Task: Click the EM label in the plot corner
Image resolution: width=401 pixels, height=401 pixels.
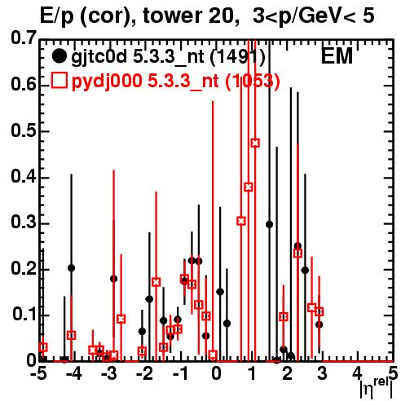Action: coord(337,56)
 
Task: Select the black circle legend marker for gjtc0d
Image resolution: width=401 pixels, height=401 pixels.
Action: coord(59,56)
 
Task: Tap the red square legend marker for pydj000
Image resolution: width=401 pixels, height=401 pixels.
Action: coord(59,81)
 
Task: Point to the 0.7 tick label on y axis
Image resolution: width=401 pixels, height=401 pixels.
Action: coord(23,38)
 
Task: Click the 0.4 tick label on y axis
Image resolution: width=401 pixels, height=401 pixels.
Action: coord(23,177)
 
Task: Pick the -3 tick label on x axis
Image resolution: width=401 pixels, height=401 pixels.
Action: coord(108,374)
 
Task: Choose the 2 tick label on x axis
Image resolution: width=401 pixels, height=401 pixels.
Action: coord(287,374)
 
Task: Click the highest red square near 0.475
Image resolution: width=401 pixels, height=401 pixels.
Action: coord(255,143)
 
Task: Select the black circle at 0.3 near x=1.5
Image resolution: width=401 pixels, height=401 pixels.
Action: coord(269,224)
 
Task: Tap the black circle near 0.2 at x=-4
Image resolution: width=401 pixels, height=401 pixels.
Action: coord(72,268)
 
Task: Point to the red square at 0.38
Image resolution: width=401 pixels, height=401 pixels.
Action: coord(249,187)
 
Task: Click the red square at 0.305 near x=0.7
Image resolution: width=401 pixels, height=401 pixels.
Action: coord(241,221)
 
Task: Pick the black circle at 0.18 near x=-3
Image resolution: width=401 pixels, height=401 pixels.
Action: coord(114,279)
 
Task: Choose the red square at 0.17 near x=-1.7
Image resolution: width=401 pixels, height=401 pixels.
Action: coord(156,282)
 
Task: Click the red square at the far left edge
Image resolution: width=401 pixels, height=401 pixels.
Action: coord(43,347)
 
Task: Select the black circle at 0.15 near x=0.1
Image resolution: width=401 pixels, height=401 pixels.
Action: coord(220,292)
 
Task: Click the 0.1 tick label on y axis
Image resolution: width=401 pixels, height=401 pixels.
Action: coord(24,315)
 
